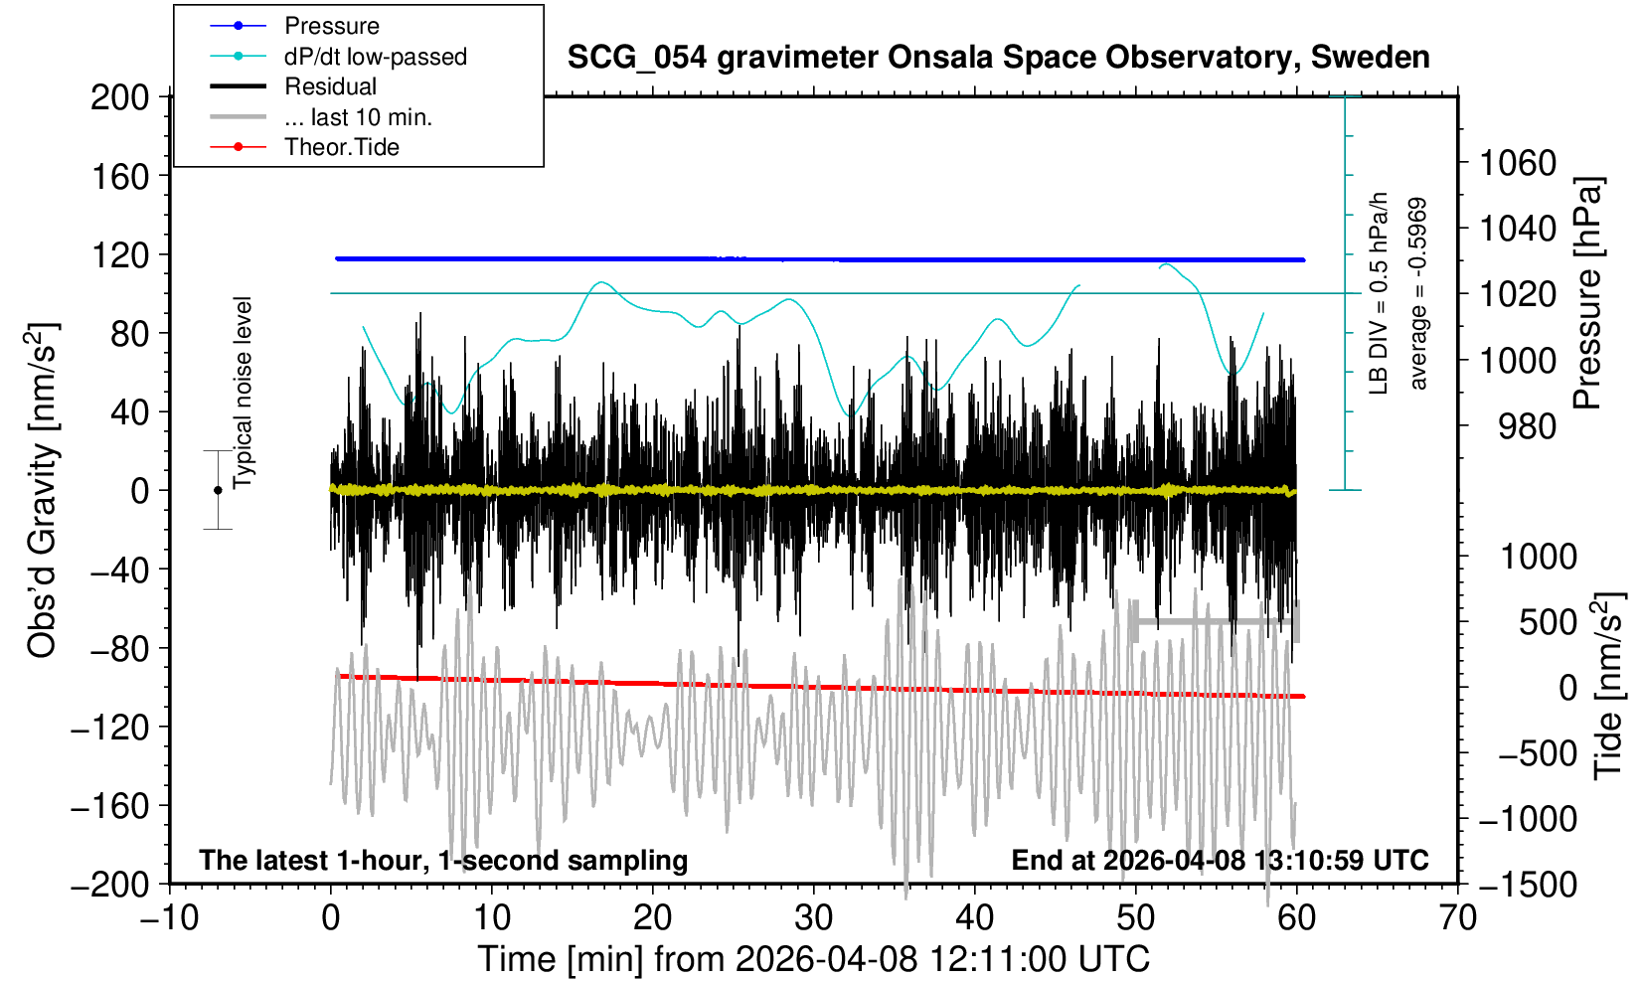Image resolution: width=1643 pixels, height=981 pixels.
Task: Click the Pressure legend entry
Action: pos(331,26)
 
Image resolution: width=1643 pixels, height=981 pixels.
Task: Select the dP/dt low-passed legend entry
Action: pos(375,57)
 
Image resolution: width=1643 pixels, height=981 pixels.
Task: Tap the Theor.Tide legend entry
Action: pos(341,147)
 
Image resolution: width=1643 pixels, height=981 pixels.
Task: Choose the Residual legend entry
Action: pos(330,86)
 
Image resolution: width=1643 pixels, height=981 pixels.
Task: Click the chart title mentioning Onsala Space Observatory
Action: pos(998,58)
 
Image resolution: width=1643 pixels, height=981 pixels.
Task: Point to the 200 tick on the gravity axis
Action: pos(119,97)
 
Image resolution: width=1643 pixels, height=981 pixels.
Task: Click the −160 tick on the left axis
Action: pos(112,805)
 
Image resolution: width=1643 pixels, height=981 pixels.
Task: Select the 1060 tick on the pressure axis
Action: pos(1517,162)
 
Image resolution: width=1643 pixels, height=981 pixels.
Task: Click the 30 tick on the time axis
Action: pos(813,916)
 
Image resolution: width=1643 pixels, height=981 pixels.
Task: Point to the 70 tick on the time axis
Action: pos(1457,916)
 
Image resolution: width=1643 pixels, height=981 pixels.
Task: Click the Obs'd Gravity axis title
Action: pos(42,490)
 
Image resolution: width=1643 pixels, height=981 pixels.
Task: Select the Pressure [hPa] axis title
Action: pos(1588,294)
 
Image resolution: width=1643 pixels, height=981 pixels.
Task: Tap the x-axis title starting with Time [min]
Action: pos(813,959)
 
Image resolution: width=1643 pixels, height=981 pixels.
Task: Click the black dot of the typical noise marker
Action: pos(218,490)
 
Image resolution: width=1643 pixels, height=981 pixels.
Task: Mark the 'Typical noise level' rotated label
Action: pos(243,394)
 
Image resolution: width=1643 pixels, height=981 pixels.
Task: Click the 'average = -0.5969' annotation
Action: pos(1417,294)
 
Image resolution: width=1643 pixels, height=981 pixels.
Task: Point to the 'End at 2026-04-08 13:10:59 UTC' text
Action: pos(1220,860)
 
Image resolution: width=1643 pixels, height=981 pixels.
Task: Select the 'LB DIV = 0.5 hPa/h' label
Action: pos(1378,294)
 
